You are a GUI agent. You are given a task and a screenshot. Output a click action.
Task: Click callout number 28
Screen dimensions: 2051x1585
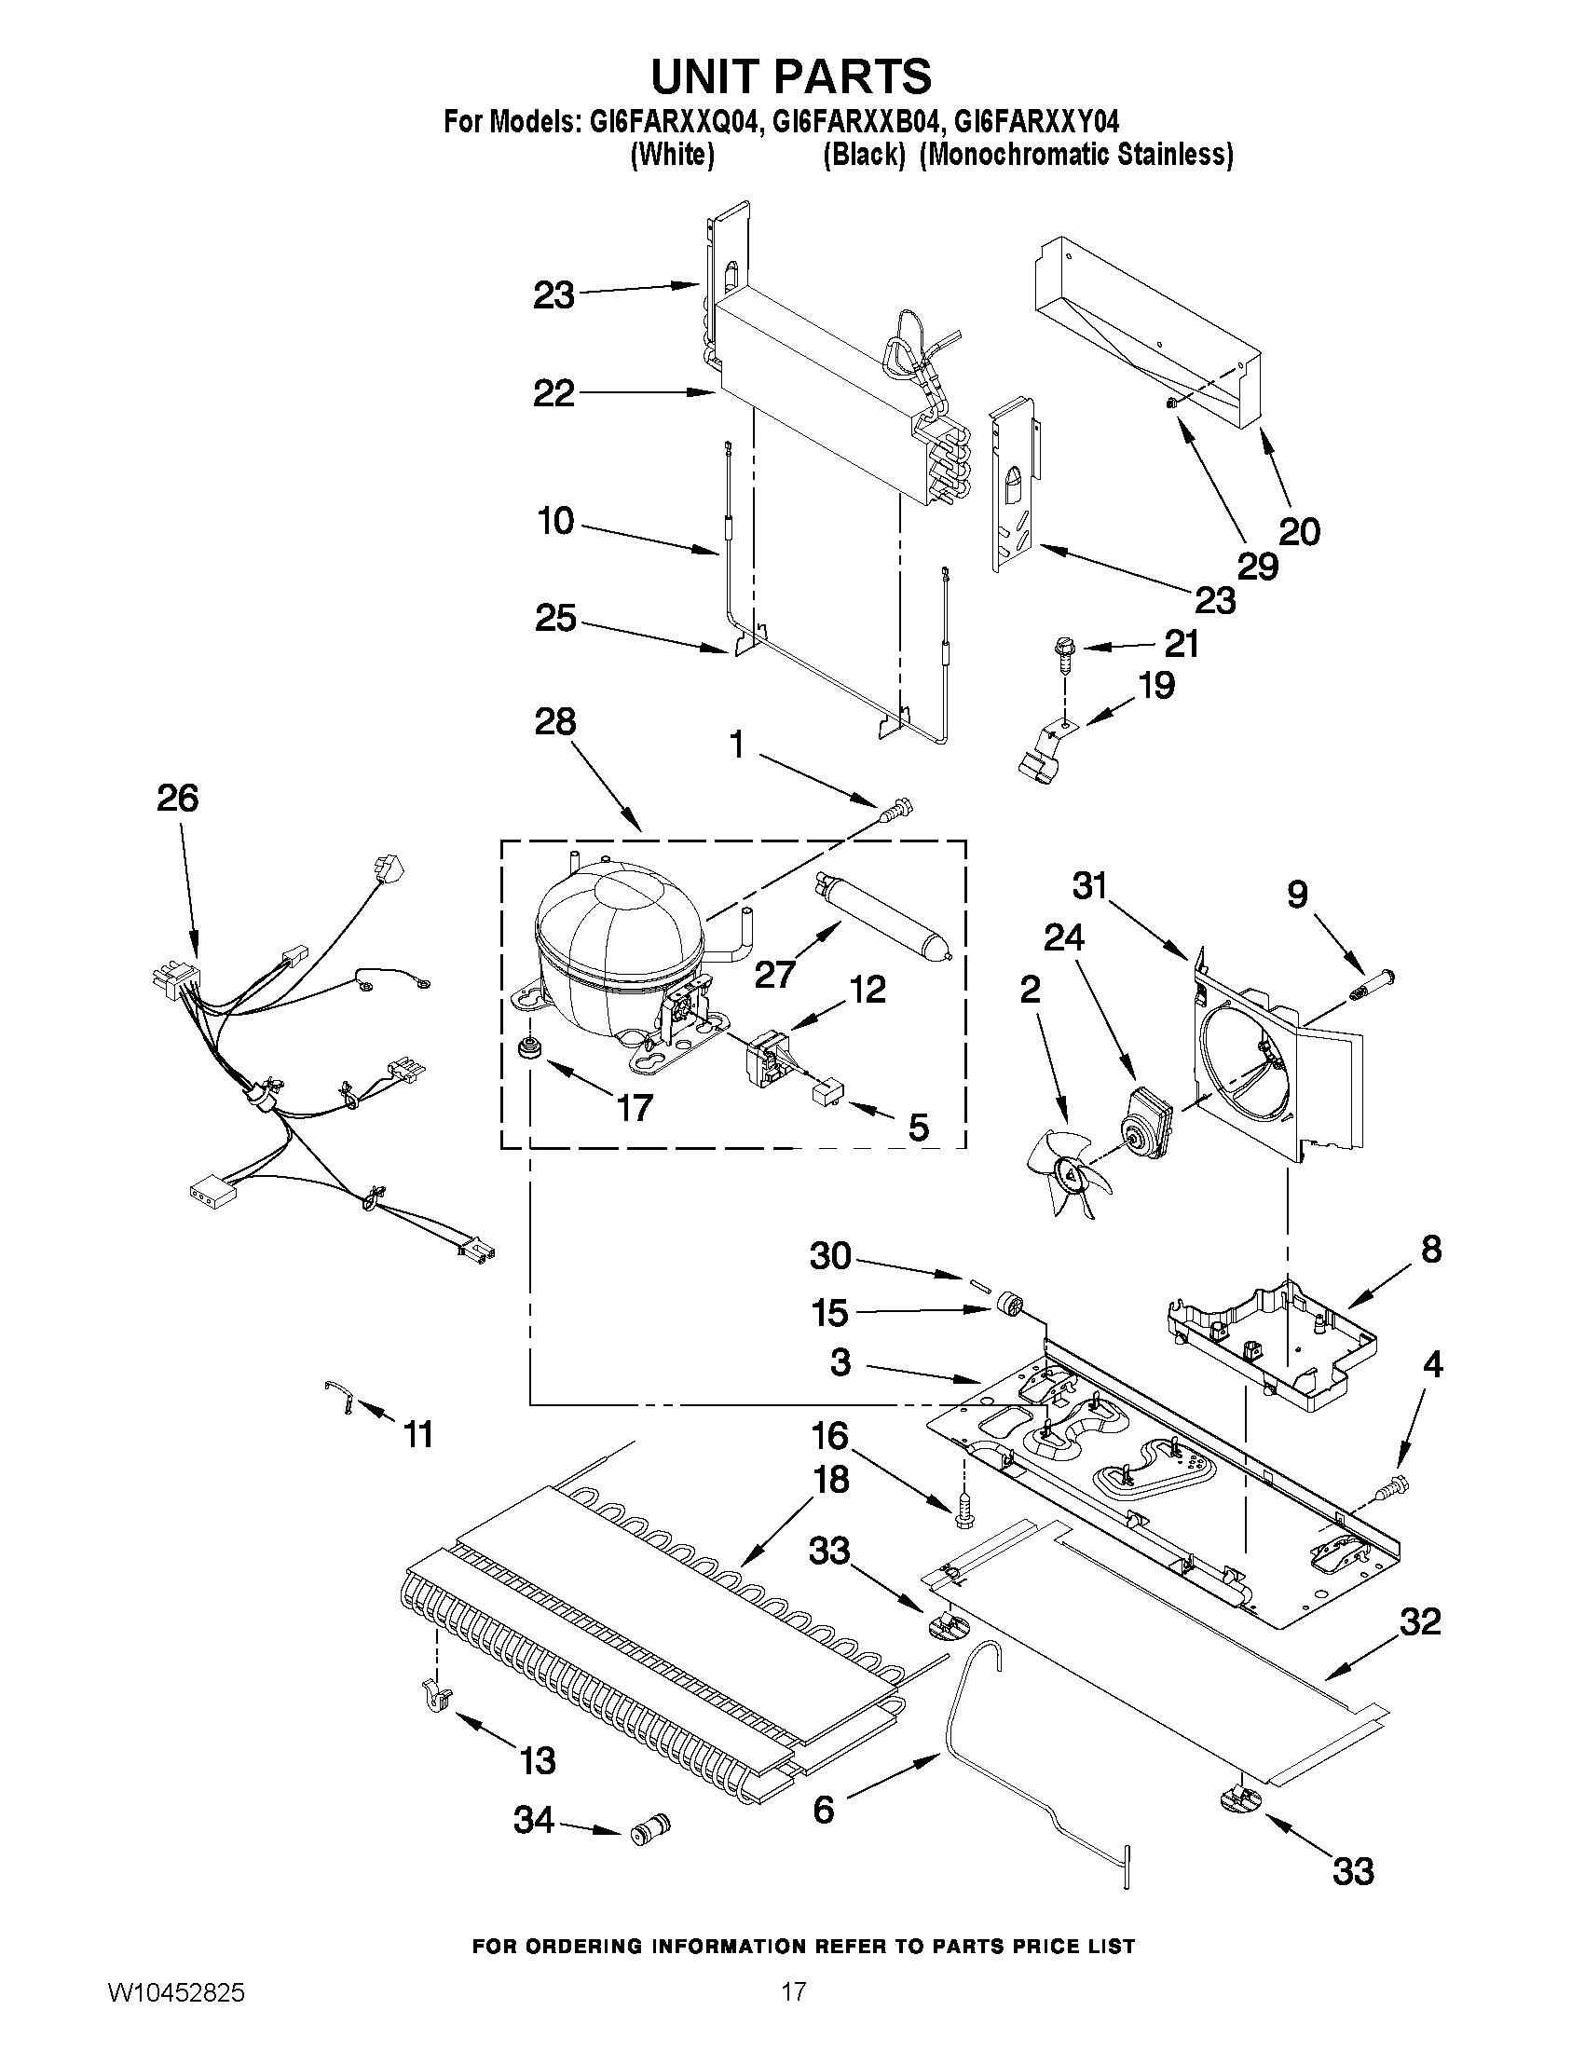point(555,722)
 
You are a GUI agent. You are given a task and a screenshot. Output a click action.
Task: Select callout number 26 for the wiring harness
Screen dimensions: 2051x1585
point(177,799)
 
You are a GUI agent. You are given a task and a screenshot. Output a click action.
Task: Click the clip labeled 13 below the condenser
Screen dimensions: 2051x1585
point(436,1698)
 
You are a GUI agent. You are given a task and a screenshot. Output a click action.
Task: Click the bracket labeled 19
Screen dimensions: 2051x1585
point(1043,751)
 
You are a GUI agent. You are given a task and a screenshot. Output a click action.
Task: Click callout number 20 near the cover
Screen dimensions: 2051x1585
point(1300,531)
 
